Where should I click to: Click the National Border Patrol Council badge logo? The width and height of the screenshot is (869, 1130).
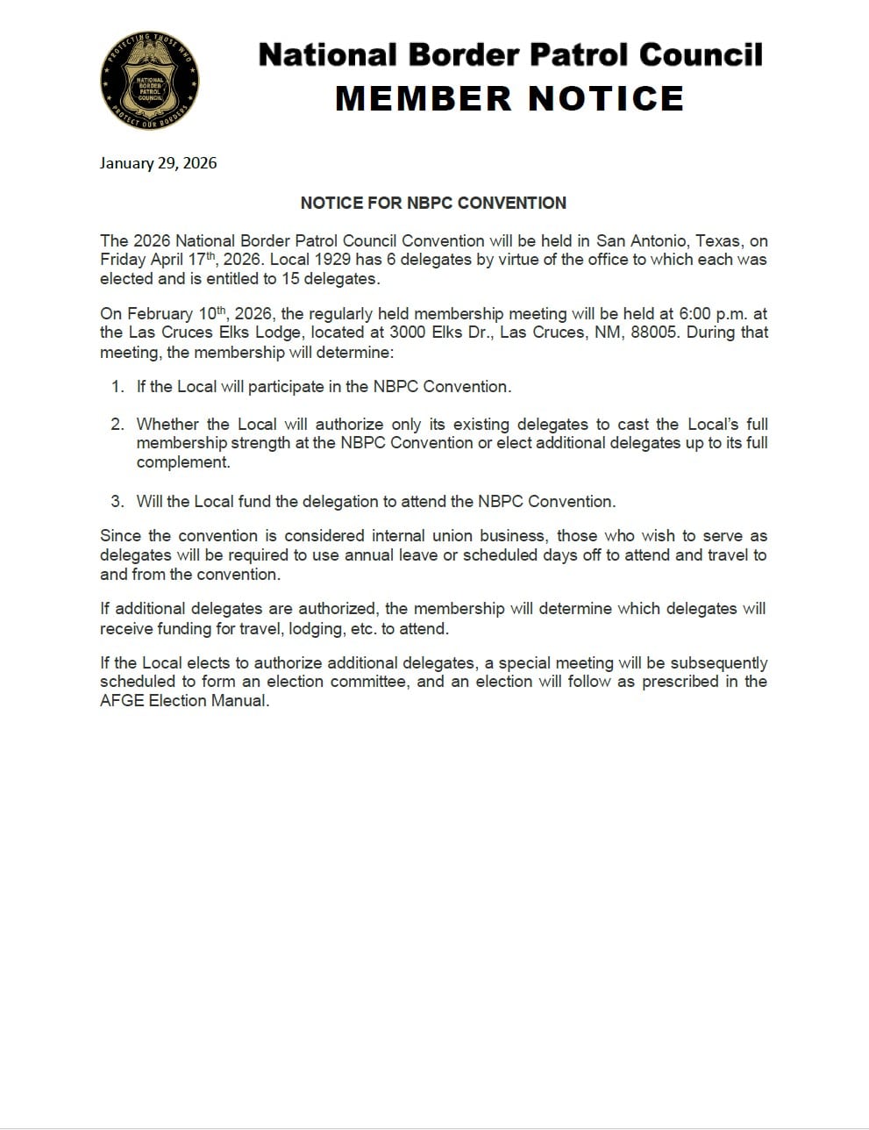click(150, 82)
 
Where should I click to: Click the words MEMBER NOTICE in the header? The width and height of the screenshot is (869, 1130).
click(509, 98)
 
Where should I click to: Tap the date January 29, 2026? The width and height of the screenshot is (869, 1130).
click(158, 163)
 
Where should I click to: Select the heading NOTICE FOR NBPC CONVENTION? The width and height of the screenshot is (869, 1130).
click(433, 203)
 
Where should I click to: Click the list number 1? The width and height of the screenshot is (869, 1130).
click(117, 387)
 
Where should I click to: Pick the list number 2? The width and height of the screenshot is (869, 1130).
click(117, 425)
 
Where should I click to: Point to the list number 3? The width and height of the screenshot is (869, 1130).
click(117, 502)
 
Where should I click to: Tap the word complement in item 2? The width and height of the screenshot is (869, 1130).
click(182, 462)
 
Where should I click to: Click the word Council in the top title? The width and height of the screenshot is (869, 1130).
click(700, 55)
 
